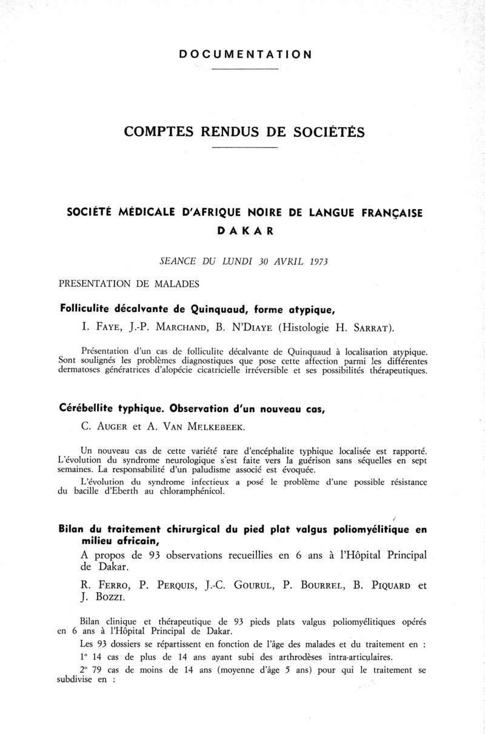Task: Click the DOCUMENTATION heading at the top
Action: click(x=246, y=55)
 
